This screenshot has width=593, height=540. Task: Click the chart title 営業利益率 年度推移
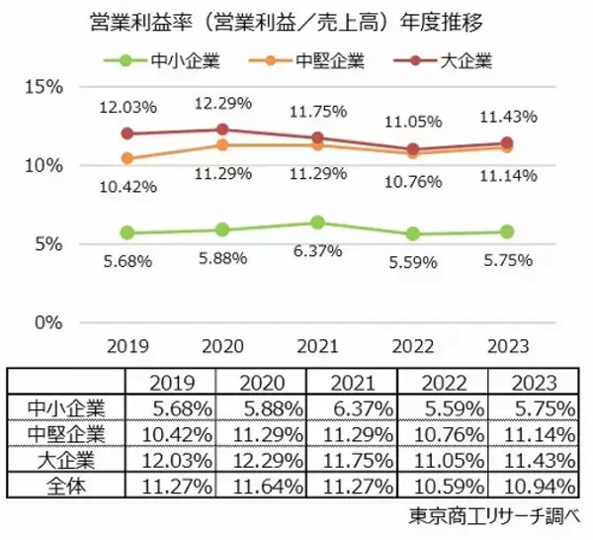click(x=296, y=22)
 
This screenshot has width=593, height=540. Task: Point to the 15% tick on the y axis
click(x=44, y=86)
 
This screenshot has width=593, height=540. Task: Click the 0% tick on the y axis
click(x=49, y=322)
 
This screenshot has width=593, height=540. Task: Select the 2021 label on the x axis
click(x=318, y=346)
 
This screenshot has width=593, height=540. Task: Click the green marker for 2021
click(x=318, y=223)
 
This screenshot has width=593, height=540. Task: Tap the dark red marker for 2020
click(x=221, y=129)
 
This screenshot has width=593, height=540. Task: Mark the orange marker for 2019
click(x=126, y=158)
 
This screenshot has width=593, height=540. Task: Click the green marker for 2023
click(x=508, y=231)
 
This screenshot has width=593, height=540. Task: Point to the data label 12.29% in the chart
click(x=221, y=103)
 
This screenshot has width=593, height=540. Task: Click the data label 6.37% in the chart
click(x=318, y=252)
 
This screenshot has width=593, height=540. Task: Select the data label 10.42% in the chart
click(x=126, y=186)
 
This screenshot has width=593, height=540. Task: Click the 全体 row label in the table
click(x=65, y=485)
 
